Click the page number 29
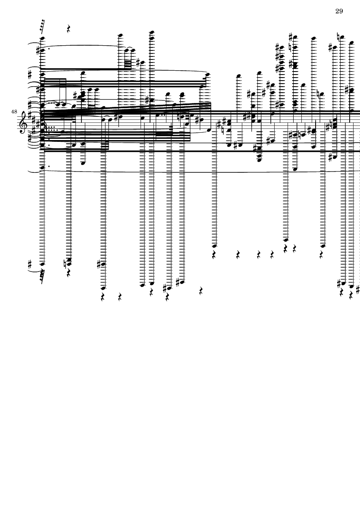coord(339,11)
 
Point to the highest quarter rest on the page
coord(69,29)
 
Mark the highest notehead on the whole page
coord(152,32)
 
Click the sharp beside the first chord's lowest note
coord(31,264)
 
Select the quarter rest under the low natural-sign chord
coord(69,272)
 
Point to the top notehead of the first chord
coord(42,38)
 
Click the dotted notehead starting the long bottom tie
coord(42,168)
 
